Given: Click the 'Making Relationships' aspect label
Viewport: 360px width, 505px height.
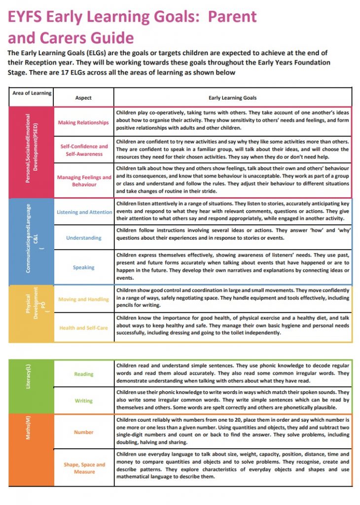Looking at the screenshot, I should click(83, 122).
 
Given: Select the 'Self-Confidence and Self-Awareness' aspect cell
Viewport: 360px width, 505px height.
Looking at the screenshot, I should click(83, 150).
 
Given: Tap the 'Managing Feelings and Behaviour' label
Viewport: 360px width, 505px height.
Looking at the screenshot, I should click(83, 180).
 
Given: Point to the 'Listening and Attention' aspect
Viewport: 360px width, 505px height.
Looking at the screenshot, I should click(84, 212).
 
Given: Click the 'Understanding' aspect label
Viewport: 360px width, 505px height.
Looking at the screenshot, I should click(83, 238).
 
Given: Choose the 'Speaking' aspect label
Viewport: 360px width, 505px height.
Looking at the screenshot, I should click(83, 267).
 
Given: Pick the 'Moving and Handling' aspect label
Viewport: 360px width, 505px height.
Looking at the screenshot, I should click(83, 299).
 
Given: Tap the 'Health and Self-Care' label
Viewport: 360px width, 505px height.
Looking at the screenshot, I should click(83, 327).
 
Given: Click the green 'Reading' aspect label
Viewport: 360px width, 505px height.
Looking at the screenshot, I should click(83, 374).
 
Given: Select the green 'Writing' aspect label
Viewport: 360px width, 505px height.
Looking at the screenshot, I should click(83, 400).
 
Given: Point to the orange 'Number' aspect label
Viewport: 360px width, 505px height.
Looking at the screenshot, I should click(83, 432).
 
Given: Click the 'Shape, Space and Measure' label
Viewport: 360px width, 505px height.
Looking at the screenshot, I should click(84, 468).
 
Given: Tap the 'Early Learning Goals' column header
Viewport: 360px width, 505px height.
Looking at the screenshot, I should click(233, 98).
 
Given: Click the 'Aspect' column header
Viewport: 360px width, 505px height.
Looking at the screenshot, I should click(83, 98).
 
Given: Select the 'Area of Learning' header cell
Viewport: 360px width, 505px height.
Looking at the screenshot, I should click(31, 93).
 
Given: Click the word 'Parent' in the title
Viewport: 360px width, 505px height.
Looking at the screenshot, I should click(232, 17).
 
